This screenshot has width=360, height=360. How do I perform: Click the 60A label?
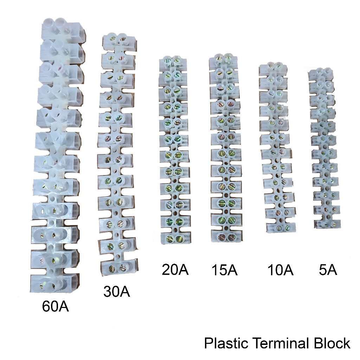coord(55,307)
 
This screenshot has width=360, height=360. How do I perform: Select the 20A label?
coord(175,270)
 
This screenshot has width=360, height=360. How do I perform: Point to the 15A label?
coord(224,270)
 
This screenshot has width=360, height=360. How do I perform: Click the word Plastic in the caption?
coord(225,343)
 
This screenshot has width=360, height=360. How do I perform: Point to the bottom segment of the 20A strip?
coord(175,238)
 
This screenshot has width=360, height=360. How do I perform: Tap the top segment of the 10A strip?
coord(275,69)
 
